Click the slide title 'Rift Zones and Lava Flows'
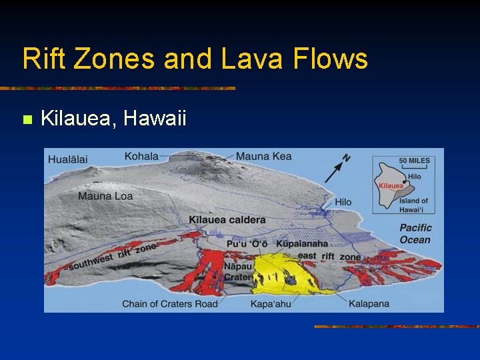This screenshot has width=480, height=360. (195, 59)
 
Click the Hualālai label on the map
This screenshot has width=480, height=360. (68, 159)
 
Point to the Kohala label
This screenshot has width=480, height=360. (141, 156)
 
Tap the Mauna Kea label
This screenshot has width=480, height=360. (263, 156)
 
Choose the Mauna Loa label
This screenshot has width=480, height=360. (105, 196)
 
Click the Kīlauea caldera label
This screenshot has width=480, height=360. (227, 219)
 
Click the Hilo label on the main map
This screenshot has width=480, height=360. (343, 202)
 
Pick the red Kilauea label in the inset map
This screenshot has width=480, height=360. (391, 186)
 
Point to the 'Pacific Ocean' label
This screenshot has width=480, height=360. (415, 233)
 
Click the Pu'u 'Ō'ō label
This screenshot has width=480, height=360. (250, 244)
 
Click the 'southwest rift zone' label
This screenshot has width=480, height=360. (113, 256)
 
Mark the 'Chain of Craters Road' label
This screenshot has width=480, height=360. (169, 304)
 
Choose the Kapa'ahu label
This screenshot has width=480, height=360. (271, 304)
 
